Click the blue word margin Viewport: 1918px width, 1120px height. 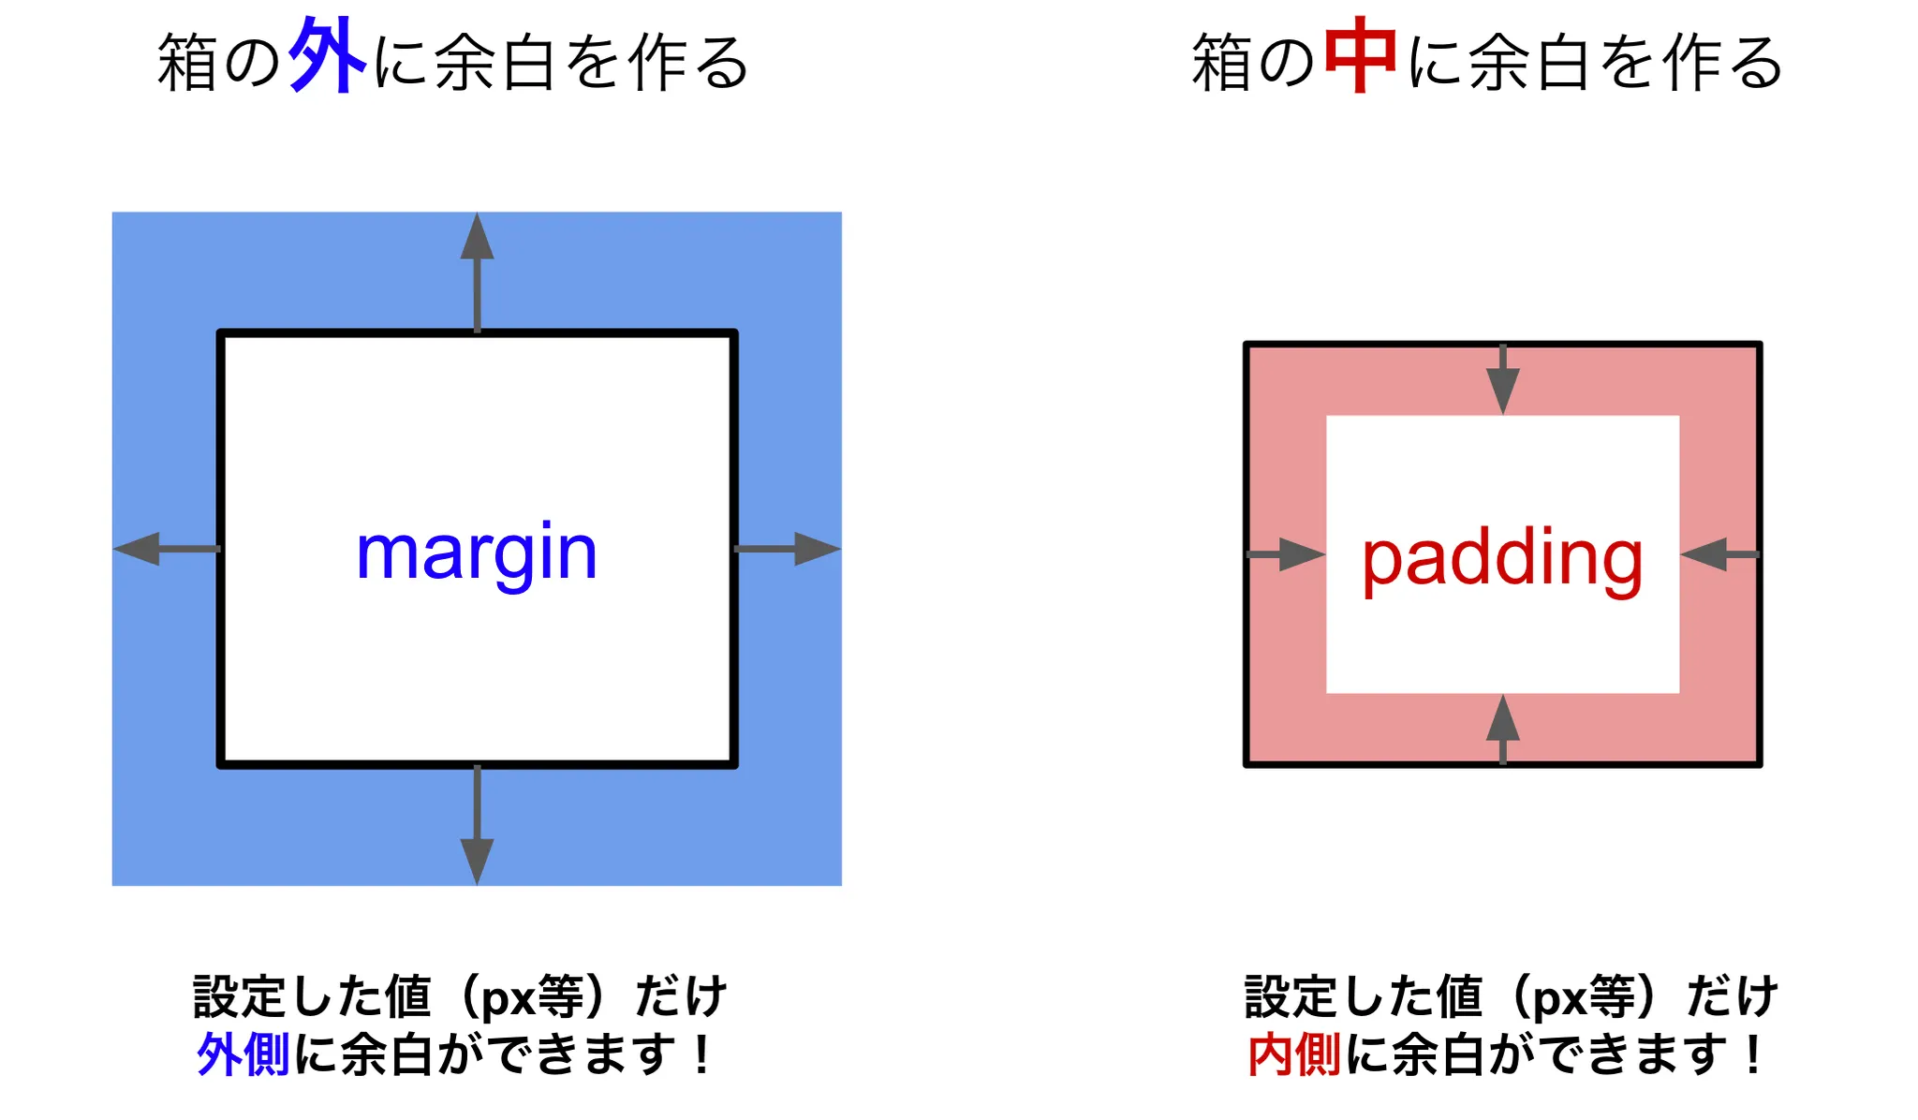click(x=477, y=553)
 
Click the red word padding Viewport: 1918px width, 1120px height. click(x=1502, y=558)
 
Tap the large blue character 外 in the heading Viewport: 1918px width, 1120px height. click(x=327, y=56)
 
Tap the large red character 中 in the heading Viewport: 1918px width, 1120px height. click(x=1361, y=56)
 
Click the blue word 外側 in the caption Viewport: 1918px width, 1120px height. click(x=243, y=1054)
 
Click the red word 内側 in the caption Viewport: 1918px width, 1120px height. click(x=1294, y=1054)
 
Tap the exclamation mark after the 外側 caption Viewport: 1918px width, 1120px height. click(x=701, y=1054)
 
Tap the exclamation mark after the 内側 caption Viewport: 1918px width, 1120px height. click(x=1752, y=1054)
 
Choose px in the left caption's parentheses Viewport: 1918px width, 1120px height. click(x=508, y=998)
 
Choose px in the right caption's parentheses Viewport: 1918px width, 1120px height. click(x=1559, y=998)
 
